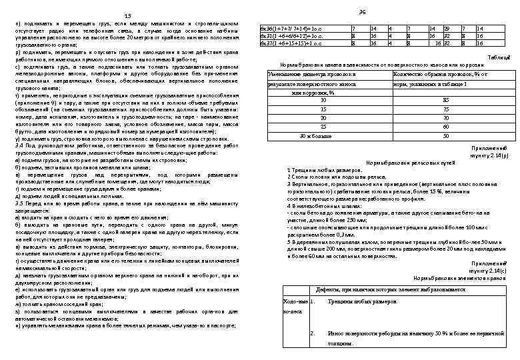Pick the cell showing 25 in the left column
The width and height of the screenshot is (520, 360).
coord(305,127)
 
